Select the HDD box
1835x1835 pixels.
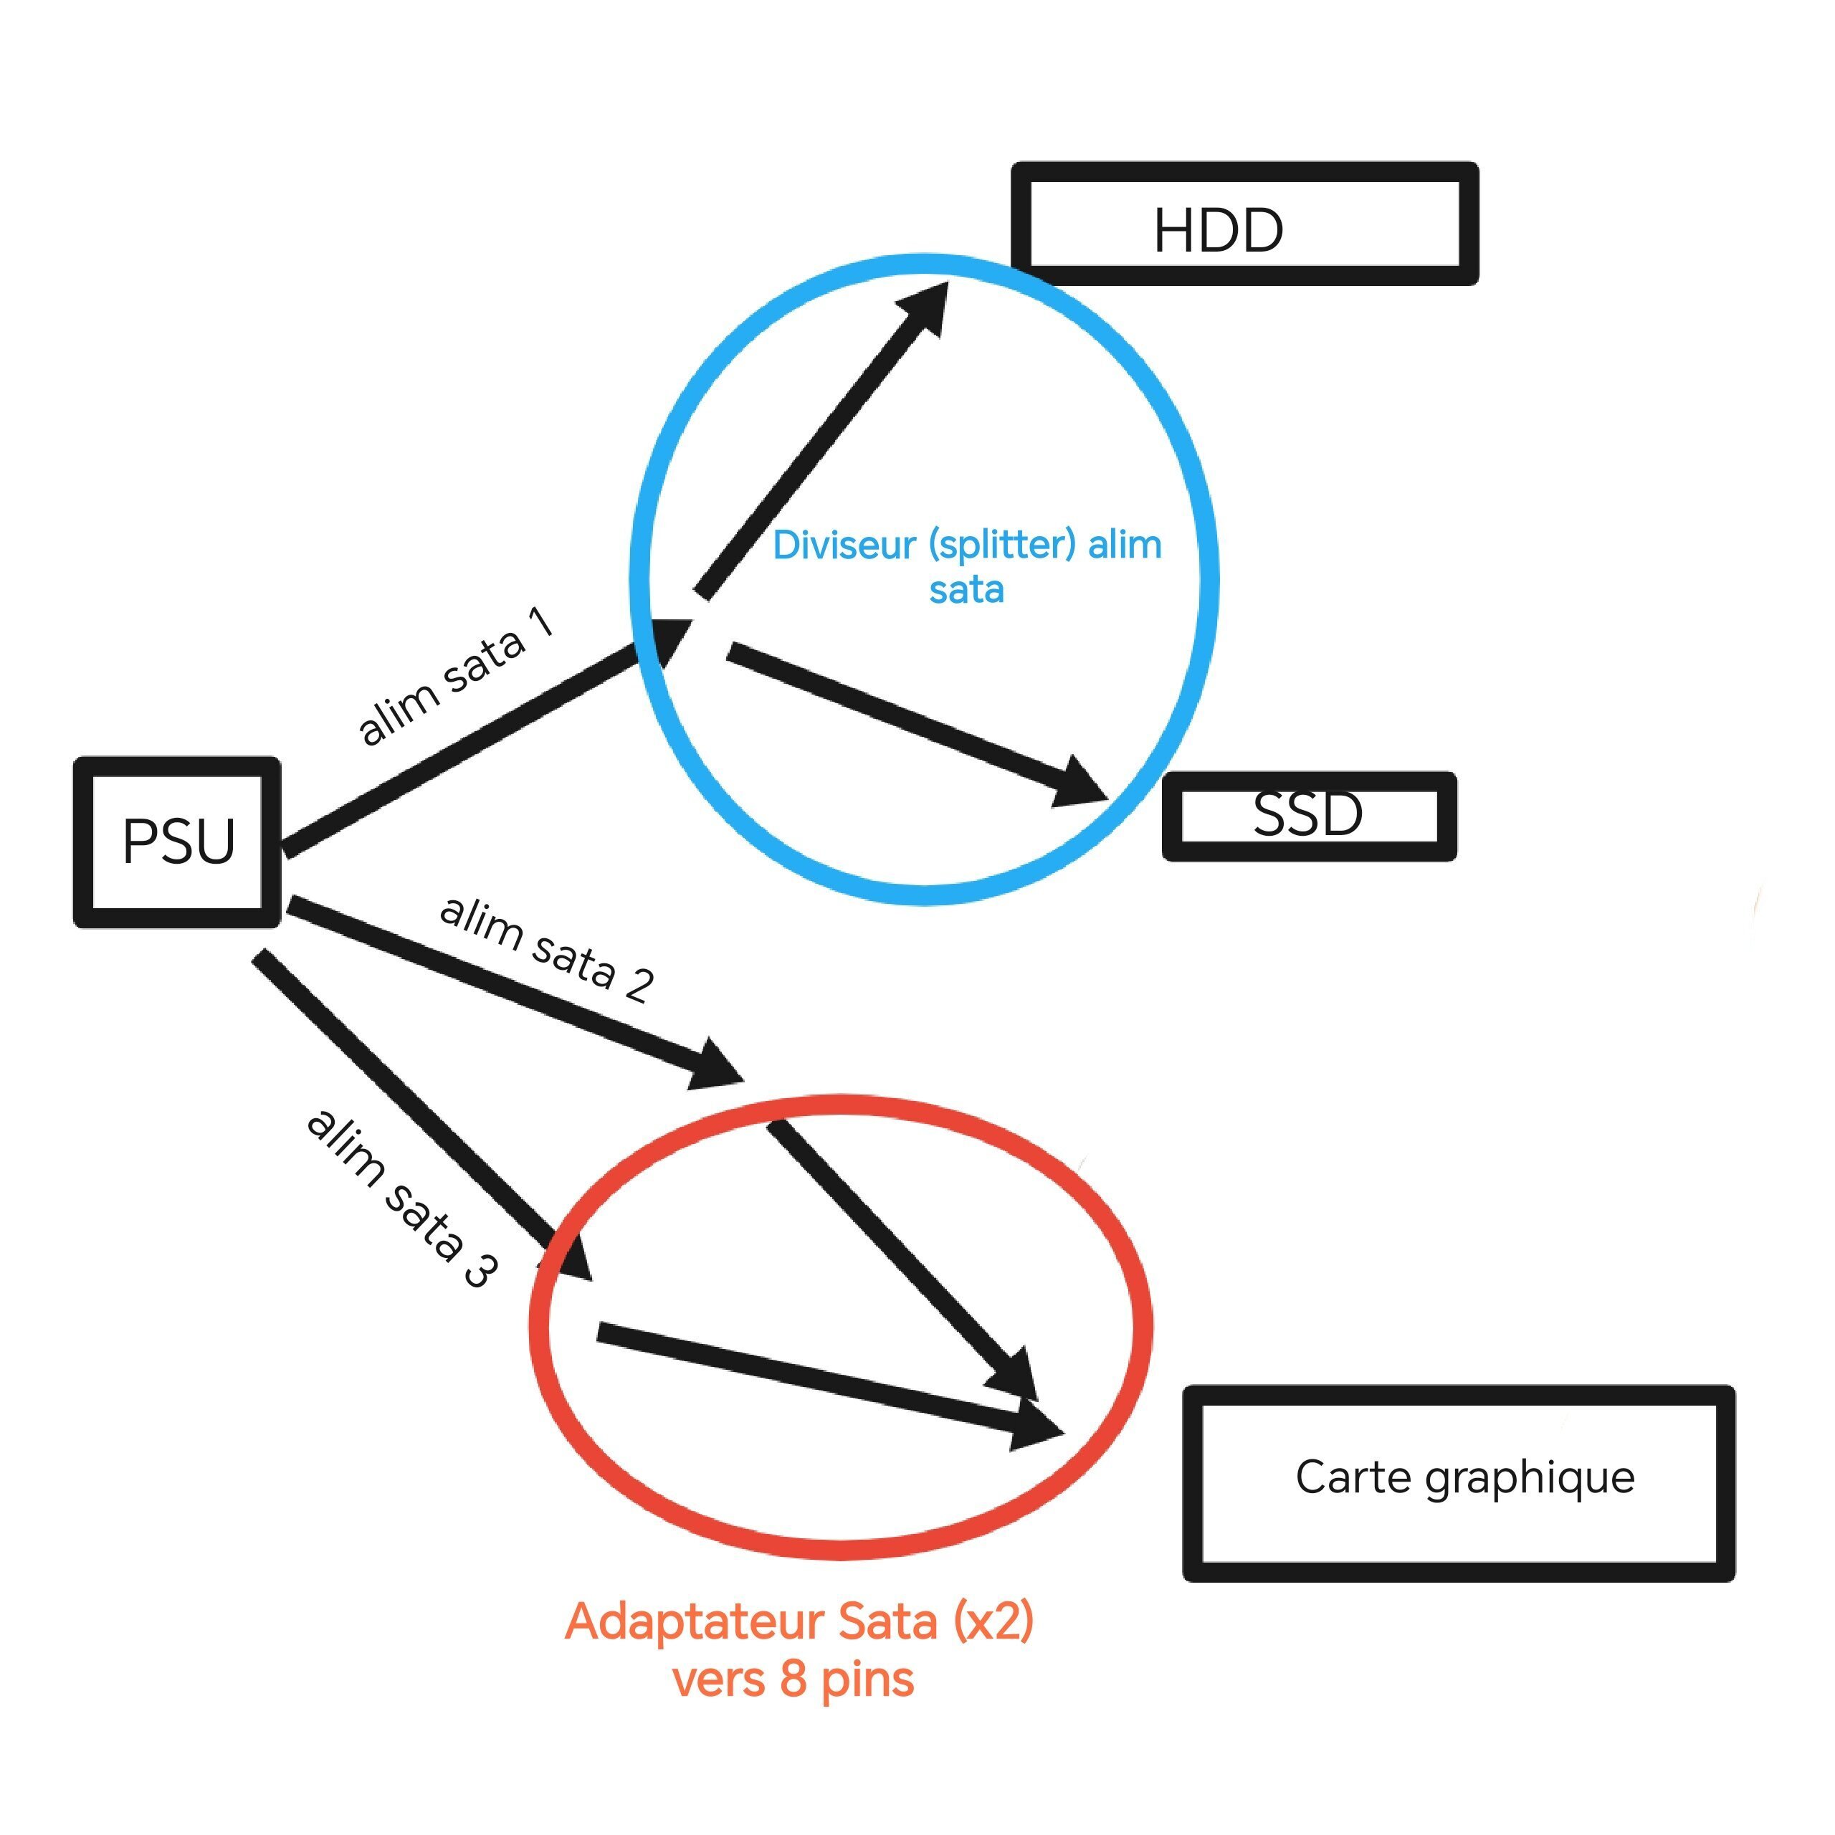pos(1244,224)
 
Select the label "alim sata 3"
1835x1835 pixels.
pos(401,1197)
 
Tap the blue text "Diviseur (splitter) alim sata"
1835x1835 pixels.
pos(967,567)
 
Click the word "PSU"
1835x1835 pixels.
pos(178,842)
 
